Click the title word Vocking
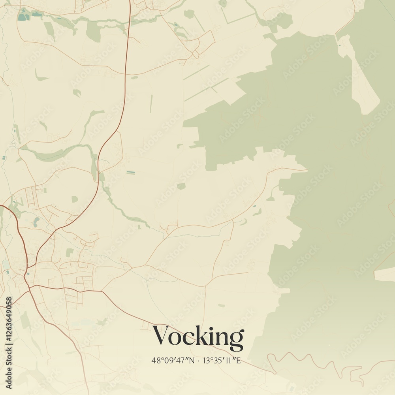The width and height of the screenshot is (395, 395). pos(198,337)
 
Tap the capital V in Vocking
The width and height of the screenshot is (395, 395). pos(162,335)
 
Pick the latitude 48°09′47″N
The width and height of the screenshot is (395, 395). pos(173,360)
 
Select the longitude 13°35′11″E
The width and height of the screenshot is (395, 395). pos(222,360)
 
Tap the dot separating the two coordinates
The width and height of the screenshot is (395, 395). pos(199,361)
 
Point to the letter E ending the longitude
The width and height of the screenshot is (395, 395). pos(238,360)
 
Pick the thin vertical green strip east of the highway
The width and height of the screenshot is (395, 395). pos(151,103)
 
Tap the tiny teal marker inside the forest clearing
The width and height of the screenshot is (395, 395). pos(339,45)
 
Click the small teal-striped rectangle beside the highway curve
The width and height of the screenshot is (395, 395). pos(130,173)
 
